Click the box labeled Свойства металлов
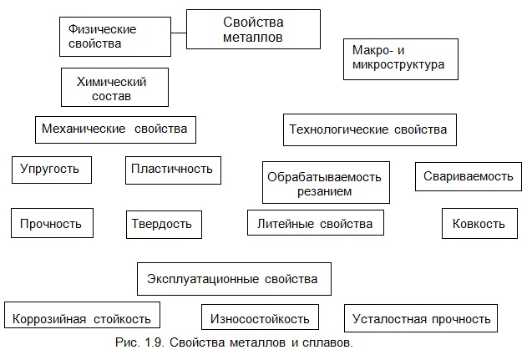coord(253,29)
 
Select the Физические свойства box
coord(115,37)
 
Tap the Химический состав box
coord(114,87)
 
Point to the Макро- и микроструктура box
coord(401,59)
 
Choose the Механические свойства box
coord(115,129)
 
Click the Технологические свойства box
coord(370,130)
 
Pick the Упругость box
coord(52,170)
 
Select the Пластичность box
coord(173,170)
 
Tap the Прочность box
coord(52,223)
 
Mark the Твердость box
coord(164,225)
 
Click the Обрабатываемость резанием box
coord(326,183)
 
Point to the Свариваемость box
coord(469,176)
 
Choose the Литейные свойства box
coord(316,222)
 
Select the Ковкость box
coord(479,223)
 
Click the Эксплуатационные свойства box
coord(234,279)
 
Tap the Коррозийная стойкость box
coord(82,315)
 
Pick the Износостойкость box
coord(260,317)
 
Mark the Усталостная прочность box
coord(421,318)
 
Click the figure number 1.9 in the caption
coord(155,342)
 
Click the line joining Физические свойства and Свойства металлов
coord(179,33)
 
